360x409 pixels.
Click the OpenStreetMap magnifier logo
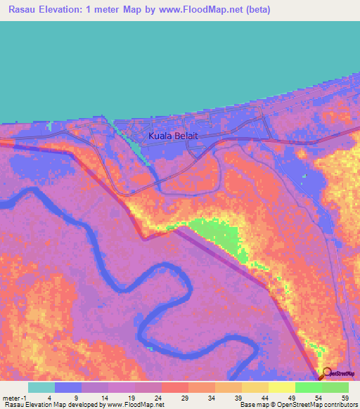(x=325, y=373)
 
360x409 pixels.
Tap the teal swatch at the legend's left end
(x=41, y=387)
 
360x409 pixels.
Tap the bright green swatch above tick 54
(x=308, y=387)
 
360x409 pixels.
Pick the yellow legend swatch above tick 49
(x=281, y=387)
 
